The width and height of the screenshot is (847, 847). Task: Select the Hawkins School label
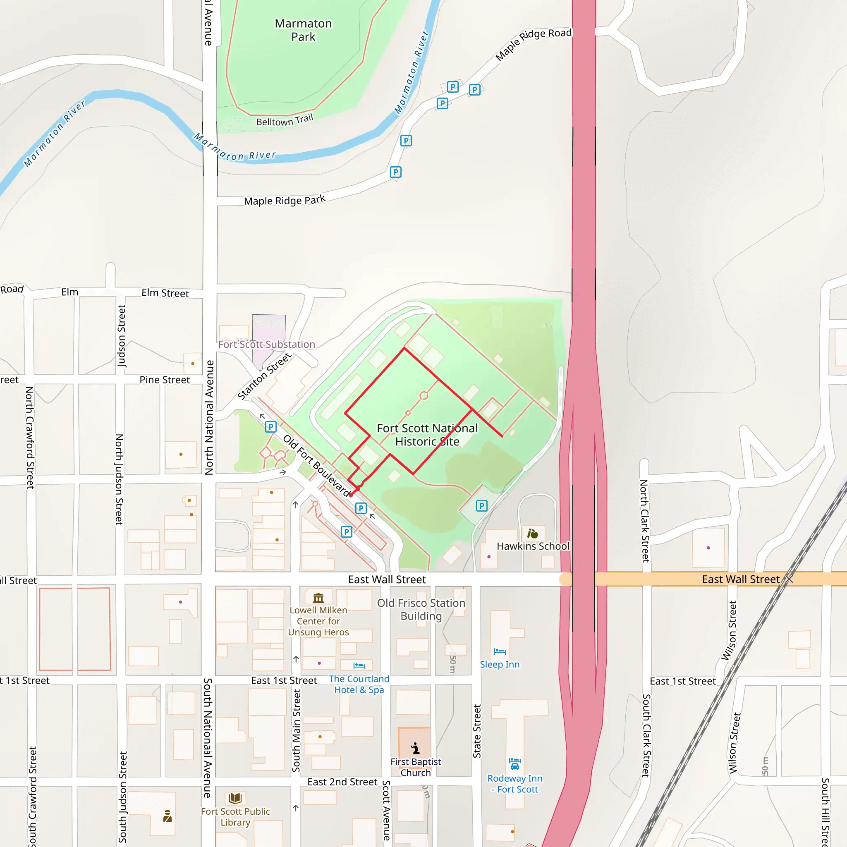coord(533,546)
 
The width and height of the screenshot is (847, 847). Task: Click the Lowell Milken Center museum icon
coord(318,598)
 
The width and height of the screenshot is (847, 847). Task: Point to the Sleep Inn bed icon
coord(499,651)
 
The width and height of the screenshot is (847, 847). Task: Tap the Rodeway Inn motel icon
coord(514,764)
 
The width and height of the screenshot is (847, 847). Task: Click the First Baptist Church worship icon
coord(415,748)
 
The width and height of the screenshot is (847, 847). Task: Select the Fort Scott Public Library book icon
coord(235,798)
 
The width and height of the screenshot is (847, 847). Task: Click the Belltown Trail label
coord(285,120)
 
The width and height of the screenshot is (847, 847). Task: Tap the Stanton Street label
coord(264,376)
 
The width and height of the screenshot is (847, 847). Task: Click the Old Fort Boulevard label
coord(316,466)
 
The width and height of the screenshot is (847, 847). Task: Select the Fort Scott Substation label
coord(267,345)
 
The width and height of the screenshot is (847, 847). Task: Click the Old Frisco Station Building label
coord(421,609)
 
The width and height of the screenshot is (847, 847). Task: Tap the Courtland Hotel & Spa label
coord(359,684)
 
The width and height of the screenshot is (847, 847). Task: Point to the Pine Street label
coord(165,380)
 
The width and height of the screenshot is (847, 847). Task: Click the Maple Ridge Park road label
coord(285,200)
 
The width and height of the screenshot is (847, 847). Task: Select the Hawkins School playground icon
coord(532,534)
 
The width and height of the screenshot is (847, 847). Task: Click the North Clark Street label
coord(644,521)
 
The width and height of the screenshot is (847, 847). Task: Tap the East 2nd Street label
coord(342,782)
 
